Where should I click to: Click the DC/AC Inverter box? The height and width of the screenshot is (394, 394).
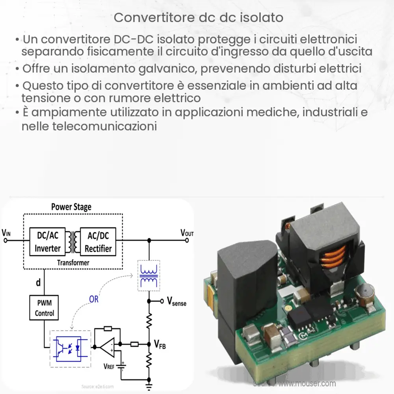[x=48, y=242]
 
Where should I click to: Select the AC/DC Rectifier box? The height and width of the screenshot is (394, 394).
[x=98, y=242]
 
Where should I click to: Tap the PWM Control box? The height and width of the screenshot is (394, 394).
[x=44, y=309]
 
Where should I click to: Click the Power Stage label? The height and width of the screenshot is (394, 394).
[x=71, y=207]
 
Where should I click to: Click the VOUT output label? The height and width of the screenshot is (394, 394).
[x=187, y=232]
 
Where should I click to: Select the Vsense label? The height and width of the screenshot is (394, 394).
[x=177, y=303]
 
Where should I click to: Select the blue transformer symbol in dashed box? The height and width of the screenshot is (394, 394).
[x=149, y=276]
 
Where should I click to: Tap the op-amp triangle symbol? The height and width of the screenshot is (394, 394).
[x=107, y=347]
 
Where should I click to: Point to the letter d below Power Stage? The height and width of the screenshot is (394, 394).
[x=38, y=282]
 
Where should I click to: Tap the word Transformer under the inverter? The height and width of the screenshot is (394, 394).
[x=73, y=262]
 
